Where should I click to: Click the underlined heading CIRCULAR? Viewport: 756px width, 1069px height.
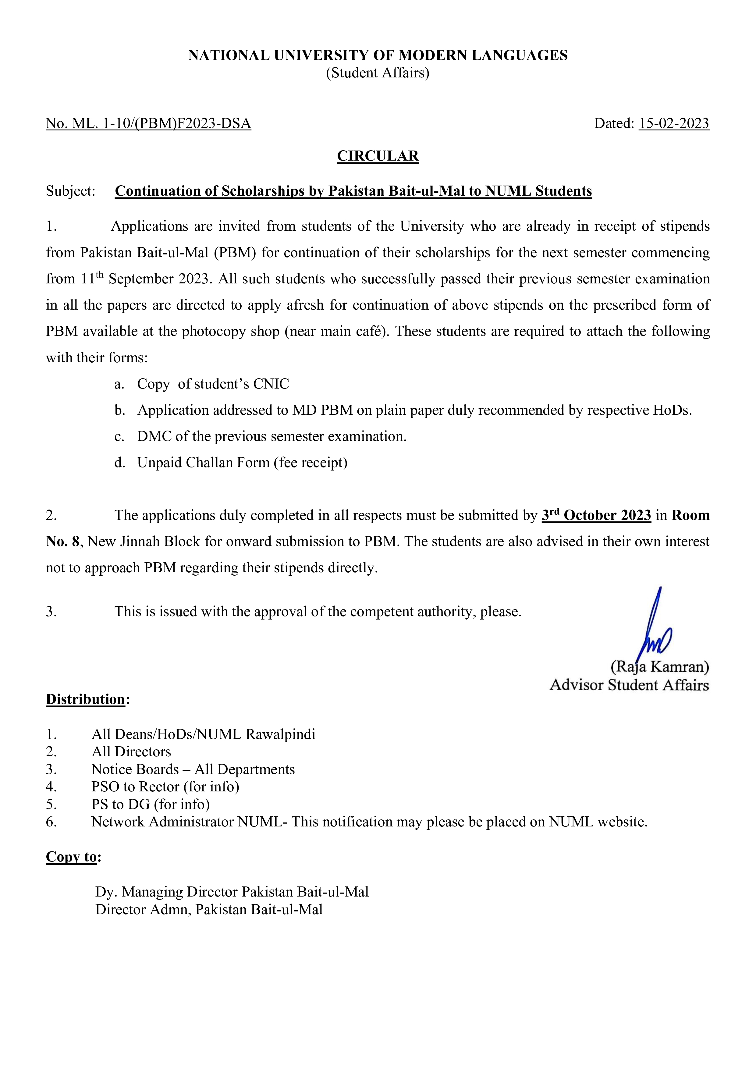(378, 156)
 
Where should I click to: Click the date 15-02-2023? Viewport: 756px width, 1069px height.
(674, 123)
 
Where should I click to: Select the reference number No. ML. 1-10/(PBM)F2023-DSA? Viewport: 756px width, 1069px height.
(148, 123)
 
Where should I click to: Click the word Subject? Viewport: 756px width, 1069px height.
(71, 191)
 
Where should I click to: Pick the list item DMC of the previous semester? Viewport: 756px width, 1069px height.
(272, 436)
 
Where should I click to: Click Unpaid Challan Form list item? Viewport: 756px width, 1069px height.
(242, 462)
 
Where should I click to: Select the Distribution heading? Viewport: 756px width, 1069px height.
(86, 699)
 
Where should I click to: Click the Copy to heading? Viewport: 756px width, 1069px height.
(72, 857)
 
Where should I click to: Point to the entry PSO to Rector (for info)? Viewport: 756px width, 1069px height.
(165, 787)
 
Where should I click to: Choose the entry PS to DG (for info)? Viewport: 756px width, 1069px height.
(150, 804)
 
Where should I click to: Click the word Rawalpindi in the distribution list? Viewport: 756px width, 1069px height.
(280, 734)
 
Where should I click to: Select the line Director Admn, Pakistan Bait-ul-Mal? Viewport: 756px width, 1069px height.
(209, 909)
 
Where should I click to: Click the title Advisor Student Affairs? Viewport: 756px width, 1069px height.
(629, 685)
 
